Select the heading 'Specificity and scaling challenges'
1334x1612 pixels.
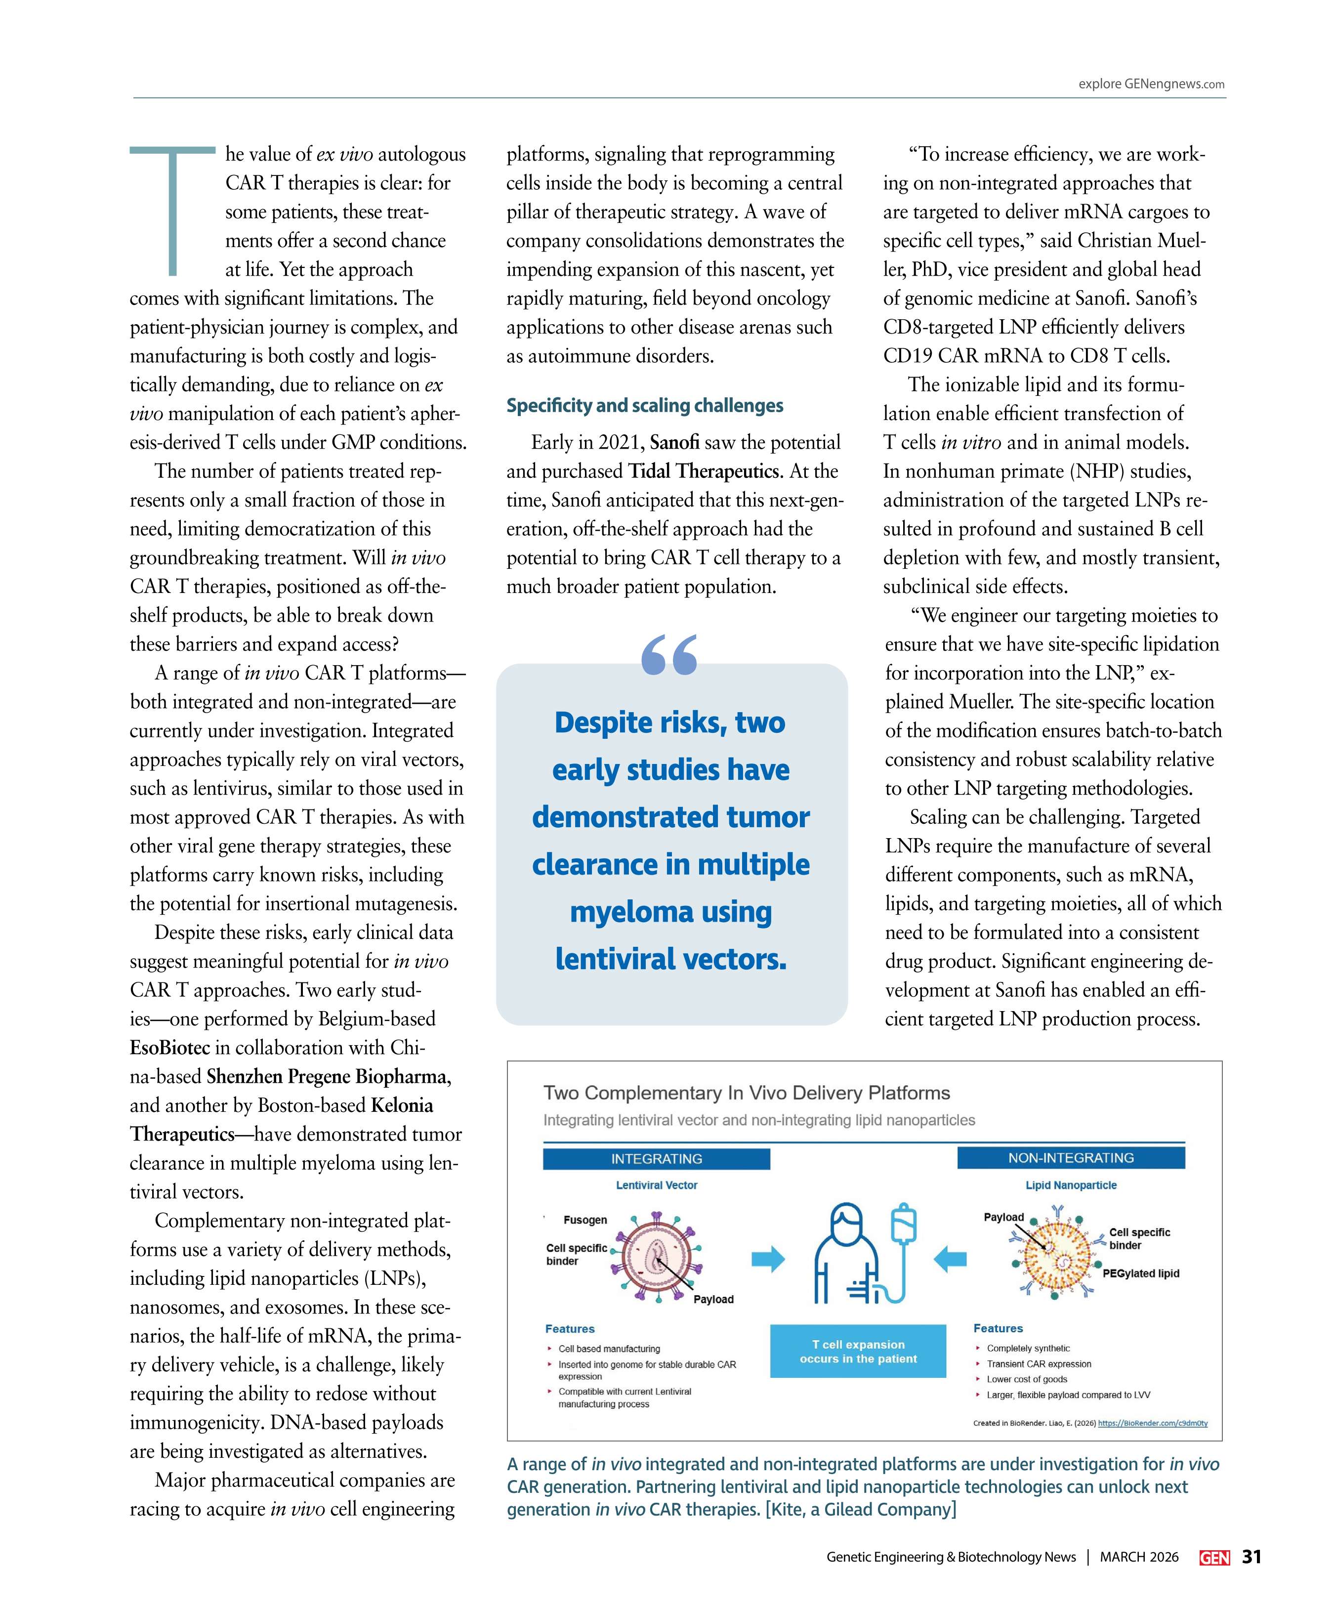click(x=644, y=405)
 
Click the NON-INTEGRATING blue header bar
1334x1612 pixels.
click(x=1070, y=1157)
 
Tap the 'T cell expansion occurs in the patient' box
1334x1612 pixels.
click(x=857, y=1351)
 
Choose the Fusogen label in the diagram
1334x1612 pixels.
click(x=585, y=1220)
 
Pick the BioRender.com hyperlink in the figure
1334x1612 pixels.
click(x=1152, y=1422)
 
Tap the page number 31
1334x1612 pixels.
click(x=1252, y=1556)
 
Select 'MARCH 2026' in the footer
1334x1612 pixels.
click(x=1138, y=1557)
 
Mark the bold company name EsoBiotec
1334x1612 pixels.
click(x=169, y=1048)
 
